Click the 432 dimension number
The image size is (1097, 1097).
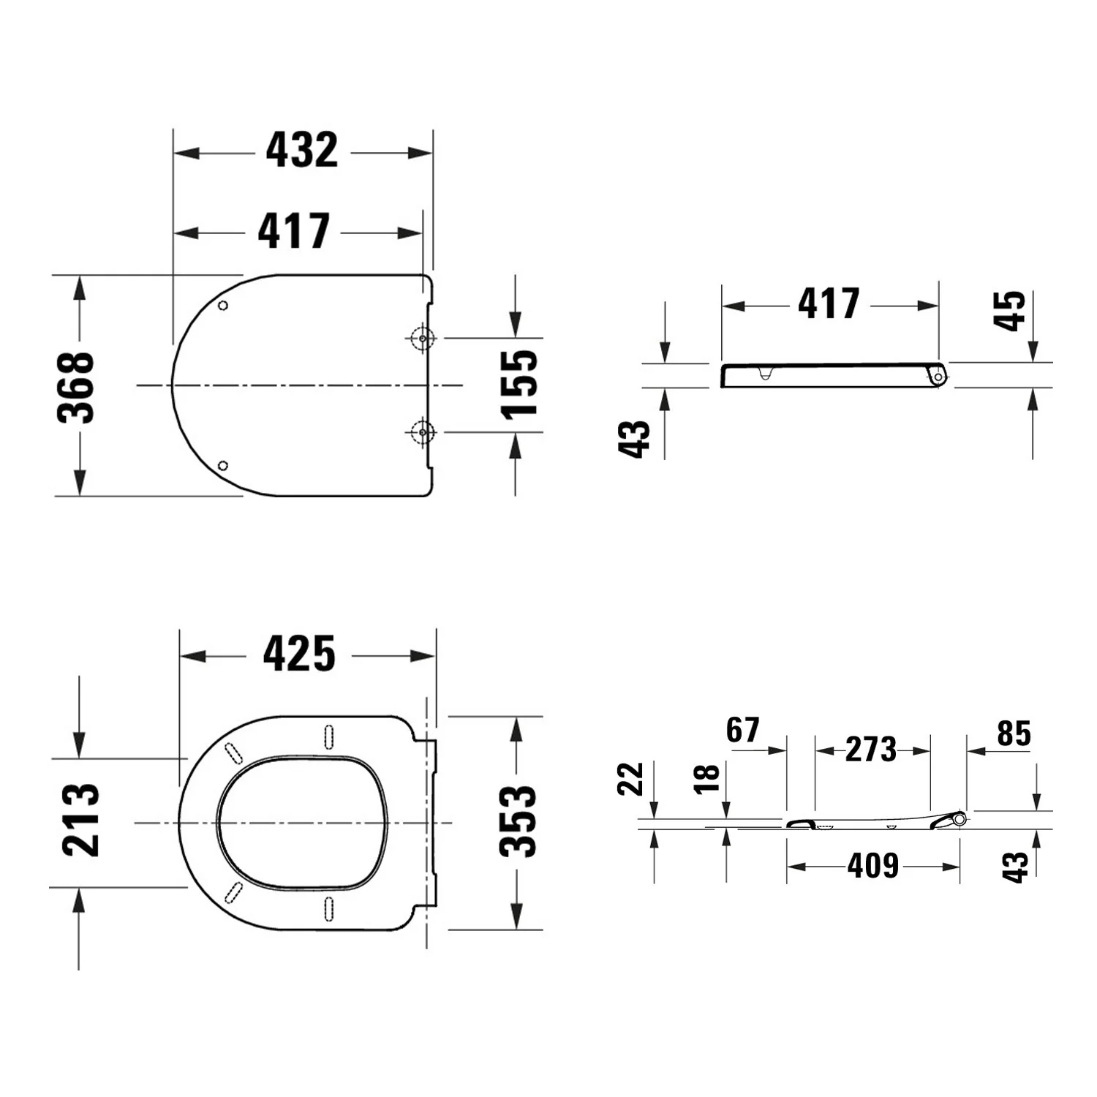[x=301, y=151]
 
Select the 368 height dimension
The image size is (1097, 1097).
[x=76, y=387]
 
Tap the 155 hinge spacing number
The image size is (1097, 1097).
[x=519, y=384]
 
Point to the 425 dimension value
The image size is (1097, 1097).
[x=299, y=654]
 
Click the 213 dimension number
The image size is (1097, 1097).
[x=80, y=819]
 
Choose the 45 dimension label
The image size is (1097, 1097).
[x=1010, y=311]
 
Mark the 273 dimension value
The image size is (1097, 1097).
[x=871, y=750]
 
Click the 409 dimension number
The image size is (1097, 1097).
[x=873, y=866]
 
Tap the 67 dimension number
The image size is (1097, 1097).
[x=743, y=730]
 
